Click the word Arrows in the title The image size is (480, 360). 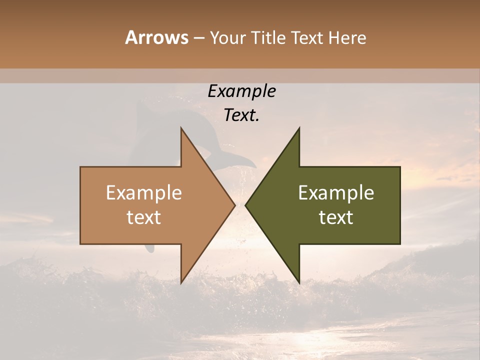[x=156, y=37]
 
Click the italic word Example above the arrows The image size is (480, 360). [x=241, y=91]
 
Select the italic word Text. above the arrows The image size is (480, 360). [x=241, y=115]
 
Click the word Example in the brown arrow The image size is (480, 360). [x=143, y=192]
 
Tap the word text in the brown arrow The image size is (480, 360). [x=143, y=217]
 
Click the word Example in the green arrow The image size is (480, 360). [x=336, y=192]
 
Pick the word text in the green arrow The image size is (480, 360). [x=336, y=217]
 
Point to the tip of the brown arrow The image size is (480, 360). [x=234, y=205]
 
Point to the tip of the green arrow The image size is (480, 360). [x=245, y=205]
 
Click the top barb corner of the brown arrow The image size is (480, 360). [x=181, y=128]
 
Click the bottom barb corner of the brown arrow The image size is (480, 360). [x=181, y=283]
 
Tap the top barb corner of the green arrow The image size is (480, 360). [x=299, y=128]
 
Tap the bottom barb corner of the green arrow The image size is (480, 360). [x=299, y=283]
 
